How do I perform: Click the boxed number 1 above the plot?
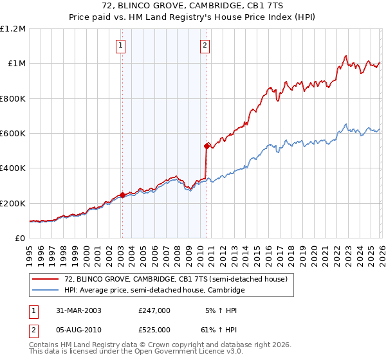point(122,45)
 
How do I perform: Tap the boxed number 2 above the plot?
point(205,45)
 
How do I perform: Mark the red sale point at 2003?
point(122,195)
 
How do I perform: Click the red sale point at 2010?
point(207,146)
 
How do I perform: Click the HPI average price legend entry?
point(154,291)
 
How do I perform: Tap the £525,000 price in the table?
point(154,329)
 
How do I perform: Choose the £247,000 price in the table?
point(154,310)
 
